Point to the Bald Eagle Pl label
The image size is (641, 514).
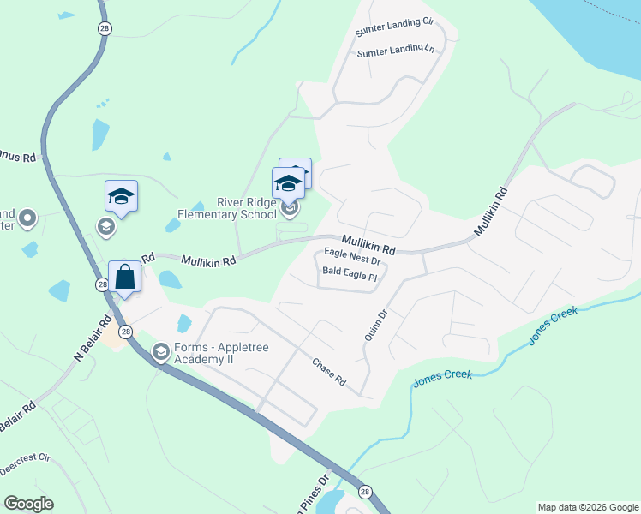(350, 275)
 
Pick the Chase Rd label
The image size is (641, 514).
(328, 372)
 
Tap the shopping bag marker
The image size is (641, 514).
(125, 278)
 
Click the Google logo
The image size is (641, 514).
(28, 504)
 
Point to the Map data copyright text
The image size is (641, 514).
(587, 507)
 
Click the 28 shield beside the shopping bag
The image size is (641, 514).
(103, 284)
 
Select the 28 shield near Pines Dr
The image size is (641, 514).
(366, 492)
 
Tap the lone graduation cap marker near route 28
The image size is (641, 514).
(121, 196)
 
